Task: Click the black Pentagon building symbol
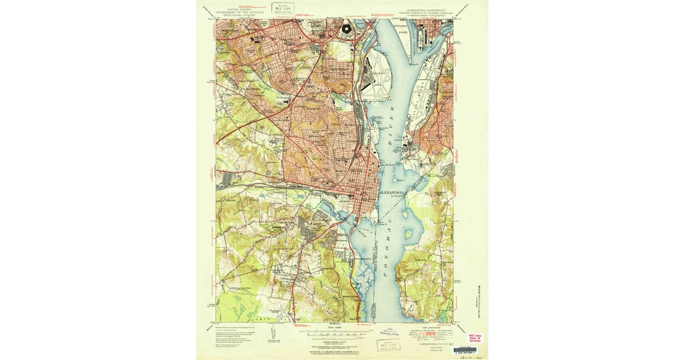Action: point(347,28)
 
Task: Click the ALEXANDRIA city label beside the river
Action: point(392,193)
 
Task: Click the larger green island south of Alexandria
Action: point(408,234)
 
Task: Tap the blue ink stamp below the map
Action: point(391,332)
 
